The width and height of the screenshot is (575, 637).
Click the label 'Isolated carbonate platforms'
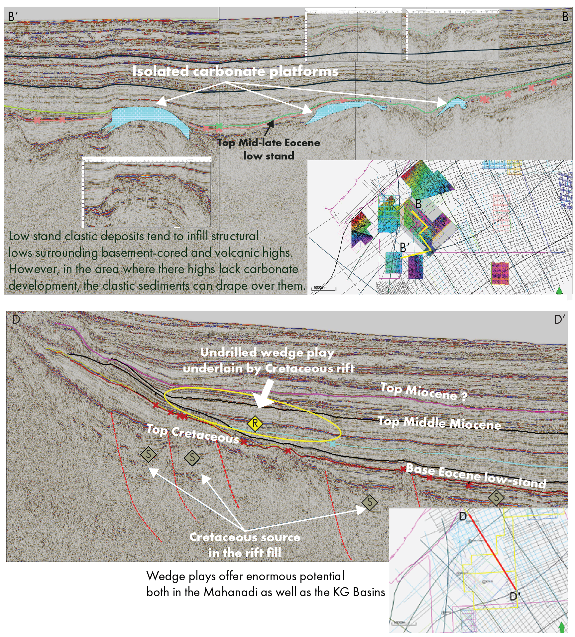tap(235, 71)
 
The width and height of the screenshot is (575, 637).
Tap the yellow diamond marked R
tap(255, 423)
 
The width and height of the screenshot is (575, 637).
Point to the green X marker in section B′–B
tap(219, 126)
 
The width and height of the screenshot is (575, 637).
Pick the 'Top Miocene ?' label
tap(424, 392)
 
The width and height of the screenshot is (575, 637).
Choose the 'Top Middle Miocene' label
tap(439, 423)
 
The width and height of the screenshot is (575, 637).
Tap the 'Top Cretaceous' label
tap(193, 434)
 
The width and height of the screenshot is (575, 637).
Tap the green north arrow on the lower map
tap(561, 627)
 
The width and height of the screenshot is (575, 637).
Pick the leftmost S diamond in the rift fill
tap(148, 454)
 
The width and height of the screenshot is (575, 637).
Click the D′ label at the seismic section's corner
tap(560, 319)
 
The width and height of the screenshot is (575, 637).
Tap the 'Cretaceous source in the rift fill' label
tap(245, 545)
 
